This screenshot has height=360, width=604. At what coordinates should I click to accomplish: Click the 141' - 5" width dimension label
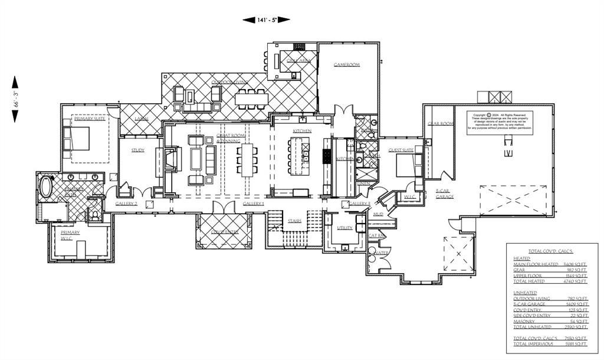coord(266,19)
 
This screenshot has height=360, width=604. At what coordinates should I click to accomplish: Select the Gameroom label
coord(346,64)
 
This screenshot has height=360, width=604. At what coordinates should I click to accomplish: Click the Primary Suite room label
coord(90,119)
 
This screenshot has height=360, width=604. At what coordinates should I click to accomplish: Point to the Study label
coord(138,150)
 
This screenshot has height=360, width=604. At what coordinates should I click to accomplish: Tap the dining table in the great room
coord(246,159)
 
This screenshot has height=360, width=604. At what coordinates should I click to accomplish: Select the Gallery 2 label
coord(126,204)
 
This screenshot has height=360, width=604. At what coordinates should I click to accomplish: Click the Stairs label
coord(295,221)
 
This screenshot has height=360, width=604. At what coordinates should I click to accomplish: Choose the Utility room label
coord(344,227)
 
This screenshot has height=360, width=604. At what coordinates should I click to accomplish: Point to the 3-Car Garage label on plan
coord(445,193)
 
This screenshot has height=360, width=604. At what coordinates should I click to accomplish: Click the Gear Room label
coord(440,123)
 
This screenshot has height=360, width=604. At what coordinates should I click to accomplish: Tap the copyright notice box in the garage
coord(501,120)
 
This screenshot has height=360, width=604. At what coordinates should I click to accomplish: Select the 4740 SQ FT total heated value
coord(576,282)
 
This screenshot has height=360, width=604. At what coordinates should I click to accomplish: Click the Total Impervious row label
coord(532,343)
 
